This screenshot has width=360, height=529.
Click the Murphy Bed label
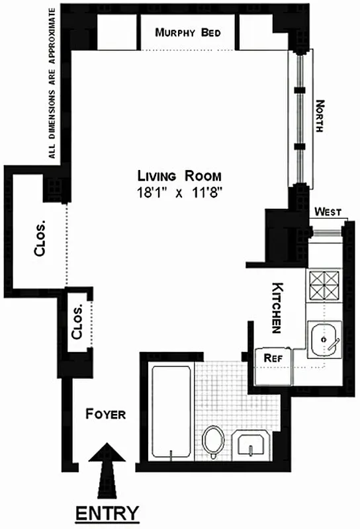tap(187, 33)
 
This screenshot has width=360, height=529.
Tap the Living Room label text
tap(179, 176)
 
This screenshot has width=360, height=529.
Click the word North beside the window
tap(321, 116)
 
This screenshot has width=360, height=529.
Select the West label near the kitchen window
tap(328, 212)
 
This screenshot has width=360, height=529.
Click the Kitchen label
tap(277, 308)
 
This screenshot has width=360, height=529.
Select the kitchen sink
tap(325, 341)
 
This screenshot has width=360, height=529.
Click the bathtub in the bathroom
tap(171, 411)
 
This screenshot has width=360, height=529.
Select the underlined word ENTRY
tap(107, 513)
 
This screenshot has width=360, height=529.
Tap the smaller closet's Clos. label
tap(77, 323)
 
